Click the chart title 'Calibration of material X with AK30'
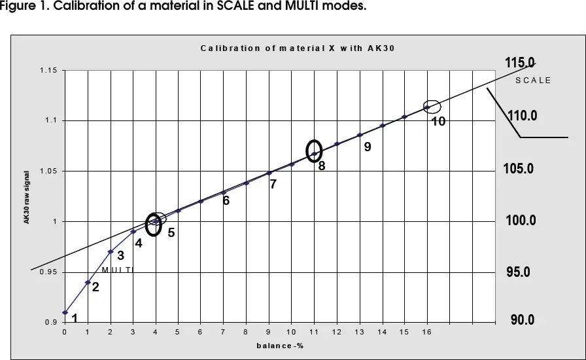click(298, 48)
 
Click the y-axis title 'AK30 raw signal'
click(27, 197)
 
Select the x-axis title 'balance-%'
click(279, 346)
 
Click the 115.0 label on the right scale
click(520, 63)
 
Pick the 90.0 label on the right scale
click(523, 320)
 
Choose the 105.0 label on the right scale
click(518, 169)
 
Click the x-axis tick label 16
click(427, 333)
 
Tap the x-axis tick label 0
click(64, 333)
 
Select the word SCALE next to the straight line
click(533, 81)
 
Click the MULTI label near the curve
click(118, 270)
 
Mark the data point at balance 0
click(65, 313)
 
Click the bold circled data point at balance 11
click(315, 154)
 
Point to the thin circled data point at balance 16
click(427, 107)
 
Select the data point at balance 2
click(111, 252)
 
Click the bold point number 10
click(438, 122)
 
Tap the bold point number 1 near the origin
click(75, 319)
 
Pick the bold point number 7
click(273, 185)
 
